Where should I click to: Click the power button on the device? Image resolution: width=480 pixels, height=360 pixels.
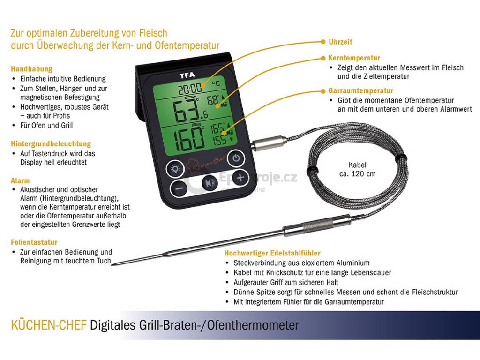pyautogui.click(x=236, y=158)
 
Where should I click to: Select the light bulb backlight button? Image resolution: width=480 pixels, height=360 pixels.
pyautogui.click(x=175, y=169)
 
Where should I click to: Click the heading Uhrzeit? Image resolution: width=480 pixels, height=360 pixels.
pyautogui.click(x=340, y=42)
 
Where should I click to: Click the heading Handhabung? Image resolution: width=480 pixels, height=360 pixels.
pyautogui.click(x=31, y=69)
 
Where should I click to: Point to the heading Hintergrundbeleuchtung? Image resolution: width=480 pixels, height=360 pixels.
pyautogui.click(x=51, y=143)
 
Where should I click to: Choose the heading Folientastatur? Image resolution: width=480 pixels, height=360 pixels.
pyautogui.click(x=34, y=242)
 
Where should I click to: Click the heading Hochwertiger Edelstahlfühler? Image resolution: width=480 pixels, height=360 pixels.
pyautogui.click(x=272, y=253)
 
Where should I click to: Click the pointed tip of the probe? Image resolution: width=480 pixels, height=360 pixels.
pyautogui.click(x=116, y=263)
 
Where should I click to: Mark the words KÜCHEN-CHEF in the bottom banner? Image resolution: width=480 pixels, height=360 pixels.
pyautogui.click(x=49, y=325)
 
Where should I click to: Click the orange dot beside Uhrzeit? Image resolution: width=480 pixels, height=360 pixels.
pyautogui.click(x=323, y=42)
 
